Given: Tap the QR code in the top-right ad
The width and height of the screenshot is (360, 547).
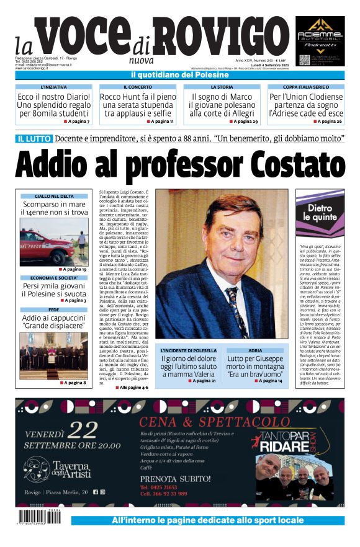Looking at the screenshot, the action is (x=304, y=60).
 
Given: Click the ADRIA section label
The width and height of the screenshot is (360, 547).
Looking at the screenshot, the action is (x=254, y=351).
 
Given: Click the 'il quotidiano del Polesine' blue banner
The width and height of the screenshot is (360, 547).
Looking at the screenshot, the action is (x=180, y=75).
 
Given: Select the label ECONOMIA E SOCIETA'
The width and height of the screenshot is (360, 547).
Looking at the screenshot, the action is (x=54, y=278).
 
